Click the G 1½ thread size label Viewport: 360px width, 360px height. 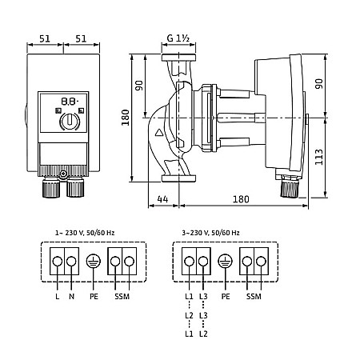click(x=178, y=38)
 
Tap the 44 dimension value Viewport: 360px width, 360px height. click(x=162, y=199)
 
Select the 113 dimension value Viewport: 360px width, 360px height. click(x=319, y=157)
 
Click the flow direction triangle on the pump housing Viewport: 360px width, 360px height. click(x=159, y=133)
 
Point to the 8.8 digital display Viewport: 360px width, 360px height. click(x=70, y=102)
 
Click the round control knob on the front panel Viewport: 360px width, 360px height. click(x=70, y=122)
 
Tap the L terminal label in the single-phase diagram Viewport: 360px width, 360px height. click(x=58, y=296)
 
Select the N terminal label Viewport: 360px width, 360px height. click(x=71, y=296)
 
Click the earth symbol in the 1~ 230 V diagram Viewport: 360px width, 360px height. click(x=94, y=261)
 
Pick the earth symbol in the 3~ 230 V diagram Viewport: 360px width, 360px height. click(x=226, y=261)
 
